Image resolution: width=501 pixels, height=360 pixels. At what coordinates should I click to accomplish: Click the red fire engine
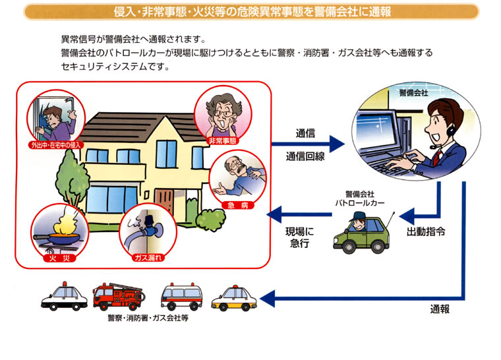[118, 297]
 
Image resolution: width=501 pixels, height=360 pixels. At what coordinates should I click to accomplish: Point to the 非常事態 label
[223, 141]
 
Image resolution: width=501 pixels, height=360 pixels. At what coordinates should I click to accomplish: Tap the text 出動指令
[425, 231]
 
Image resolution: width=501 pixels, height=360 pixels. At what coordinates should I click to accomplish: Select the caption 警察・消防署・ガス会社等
[148, 318]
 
